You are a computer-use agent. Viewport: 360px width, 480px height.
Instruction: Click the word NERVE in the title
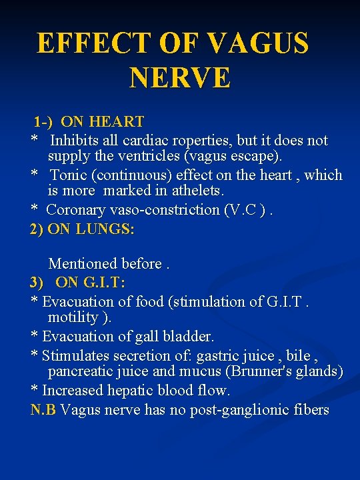180,77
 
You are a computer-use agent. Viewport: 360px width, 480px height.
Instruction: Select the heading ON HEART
102,122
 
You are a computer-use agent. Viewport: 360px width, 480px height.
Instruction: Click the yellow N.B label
43,409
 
